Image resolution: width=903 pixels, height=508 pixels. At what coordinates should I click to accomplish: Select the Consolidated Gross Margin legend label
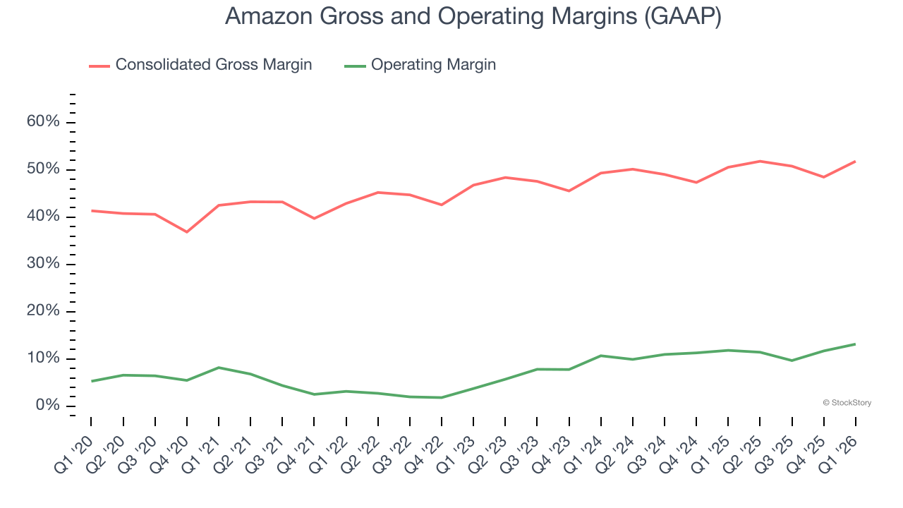(x=213, y=65)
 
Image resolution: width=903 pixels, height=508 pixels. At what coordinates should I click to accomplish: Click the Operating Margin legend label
(x=433, y=65)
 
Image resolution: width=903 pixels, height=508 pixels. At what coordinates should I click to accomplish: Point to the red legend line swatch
(x=99, y=66)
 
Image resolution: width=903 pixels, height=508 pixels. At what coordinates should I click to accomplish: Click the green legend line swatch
(x=355, y=66)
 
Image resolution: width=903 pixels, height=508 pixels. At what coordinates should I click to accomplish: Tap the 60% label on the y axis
(x=43, y=122)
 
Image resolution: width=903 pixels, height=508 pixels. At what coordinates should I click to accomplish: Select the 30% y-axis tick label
(x=43, y=264)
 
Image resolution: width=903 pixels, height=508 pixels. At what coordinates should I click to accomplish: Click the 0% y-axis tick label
(x=47, y=406)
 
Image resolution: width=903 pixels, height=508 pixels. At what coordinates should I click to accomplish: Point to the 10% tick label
(x=43, y=358)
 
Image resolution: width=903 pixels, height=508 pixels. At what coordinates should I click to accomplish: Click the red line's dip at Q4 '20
(x=187, y=231)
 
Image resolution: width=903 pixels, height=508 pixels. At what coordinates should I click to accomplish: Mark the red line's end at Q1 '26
(x=855, y=162)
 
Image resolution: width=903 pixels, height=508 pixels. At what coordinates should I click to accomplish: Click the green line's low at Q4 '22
(x=442, y=397)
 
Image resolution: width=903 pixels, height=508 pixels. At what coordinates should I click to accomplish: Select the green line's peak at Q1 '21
(x=219, y=368)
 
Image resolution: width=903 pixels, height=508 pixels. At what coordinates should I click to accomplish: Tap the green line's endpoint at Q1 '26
(x=855, y=344)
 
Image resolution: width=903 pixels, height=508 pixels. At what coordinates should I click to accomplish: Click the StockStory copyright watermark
(x=847, y=403)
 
